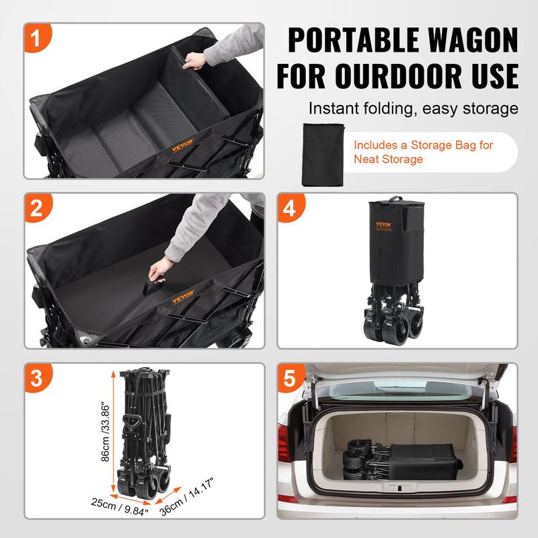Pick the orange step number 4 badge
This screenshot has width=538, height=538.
292,208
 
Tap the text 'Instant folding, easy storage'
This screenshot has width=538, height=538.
413,108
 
